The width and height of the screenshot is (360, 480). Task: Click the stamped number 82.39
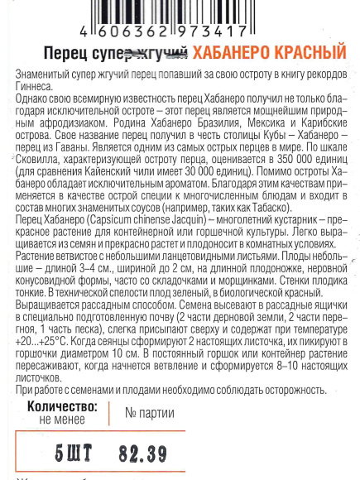(143, 454)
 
